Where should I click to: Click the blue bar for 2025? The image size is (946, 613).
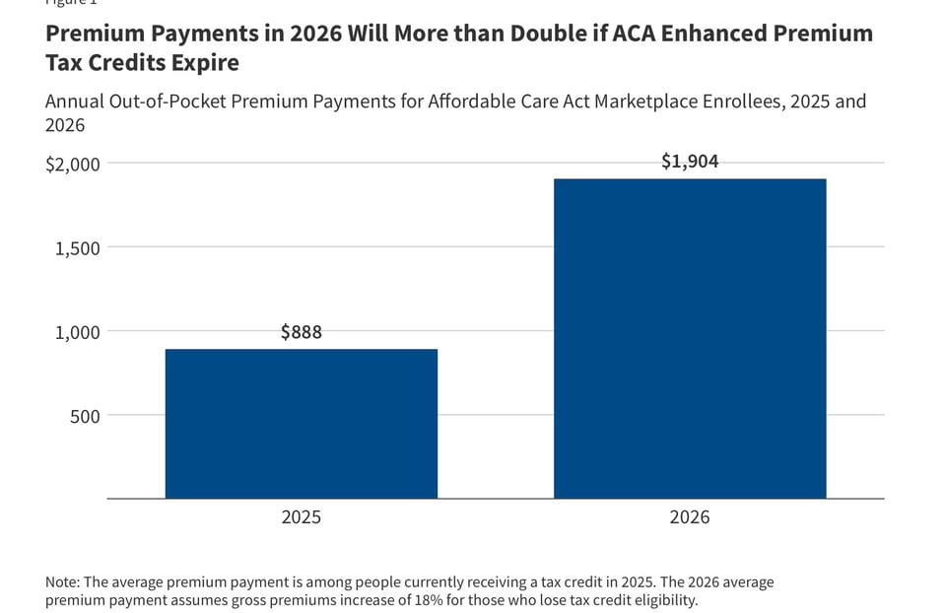(301, 424)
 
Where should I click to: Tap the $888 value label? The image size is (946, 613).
(301, 332)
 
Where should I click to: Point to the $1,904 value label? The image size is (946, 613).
(690, 162)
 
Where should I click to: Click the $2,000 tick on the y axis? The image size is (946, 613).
(73, 164)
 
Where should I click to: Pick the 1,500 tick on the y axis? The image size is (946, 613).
(76, 248)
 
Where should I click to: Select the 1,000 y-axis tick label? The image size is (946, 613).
(76, 332)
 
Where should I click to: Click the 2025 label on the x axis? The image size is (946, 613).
(301, 517)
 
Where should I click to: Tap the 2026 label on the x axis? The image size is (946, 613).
(690, 517)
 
